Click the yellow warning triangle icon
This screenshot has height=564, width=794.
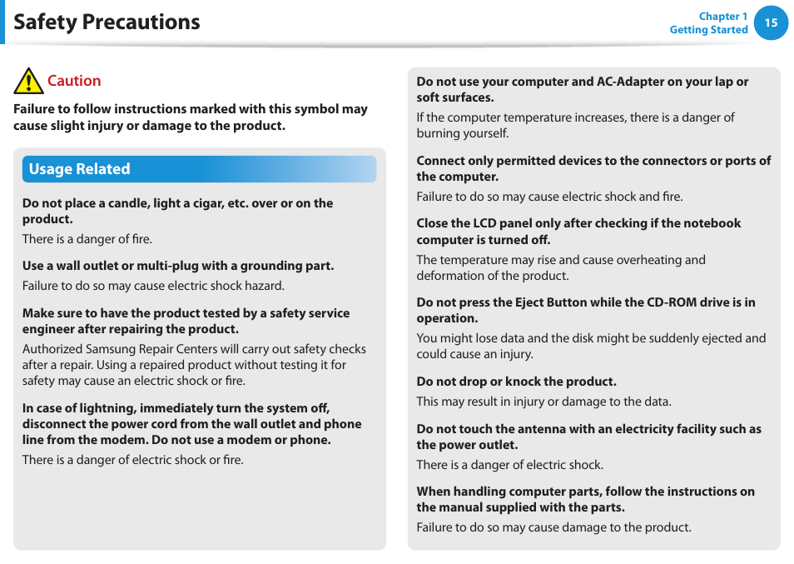(28, 82)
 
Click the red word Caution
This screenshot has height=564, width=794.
(74, 81)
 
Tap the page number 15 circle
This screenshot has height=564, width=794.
(771, 22)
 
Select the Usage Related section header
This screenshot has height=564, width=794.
(80, 169)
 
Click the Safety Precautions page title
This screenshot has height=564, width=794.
(107, 22)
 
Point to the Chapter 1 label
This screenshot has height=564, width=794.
(722, 16)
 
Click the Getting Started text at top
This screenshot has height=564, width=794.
(708, 30)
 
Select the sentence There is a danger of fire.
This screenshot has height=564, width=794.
(87, 239)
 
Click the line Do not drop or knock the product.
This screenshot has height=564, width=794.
(516, 382)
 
